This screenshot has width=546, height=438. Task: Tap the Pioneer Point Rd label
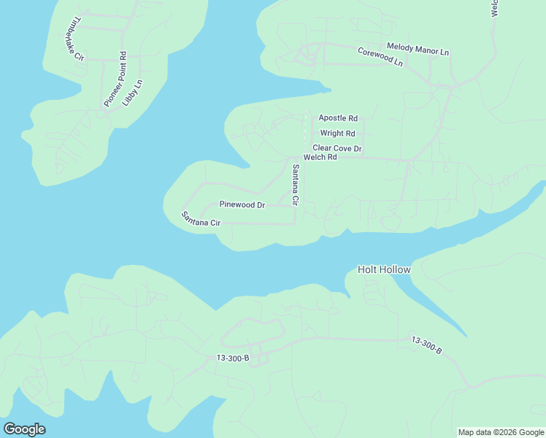pos(115,80)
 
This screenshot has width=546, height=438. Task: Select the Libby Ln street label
pos(133,93)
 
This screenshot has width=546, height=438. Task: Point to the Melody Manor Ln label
pos(418,48)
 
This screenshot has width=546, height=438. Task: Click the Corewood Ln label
pos(380,57)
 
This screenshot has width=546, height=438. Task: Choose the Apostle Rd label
pos(338,118)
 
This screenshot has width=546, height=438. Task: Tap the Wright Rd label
pos(337,134)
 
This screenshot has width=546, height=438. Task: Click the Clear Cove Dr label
pos(337,148)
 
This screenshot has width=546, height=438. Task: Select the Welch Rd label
pos(320,157)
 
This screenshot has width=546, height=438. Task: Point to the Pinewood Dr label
pos(242,205)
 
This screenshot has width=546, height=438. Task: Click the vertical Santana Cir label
pos(296,185)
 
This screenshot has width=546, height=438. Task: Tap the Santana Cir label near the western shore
pos(201,218)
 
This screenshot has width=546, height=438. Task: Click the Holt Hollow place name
pos(384,269)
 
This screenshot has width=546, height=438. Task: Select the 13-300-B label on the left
pos(233,358)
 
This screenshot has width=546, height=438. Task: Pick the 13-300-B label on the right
pos(427,345)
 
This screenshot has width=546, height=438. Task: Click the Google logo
pos(24,429)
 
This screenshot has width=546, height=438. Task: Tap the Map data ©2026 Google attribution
pos(501,432)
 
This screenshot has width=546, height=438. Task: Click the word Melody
pos(400,47)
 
